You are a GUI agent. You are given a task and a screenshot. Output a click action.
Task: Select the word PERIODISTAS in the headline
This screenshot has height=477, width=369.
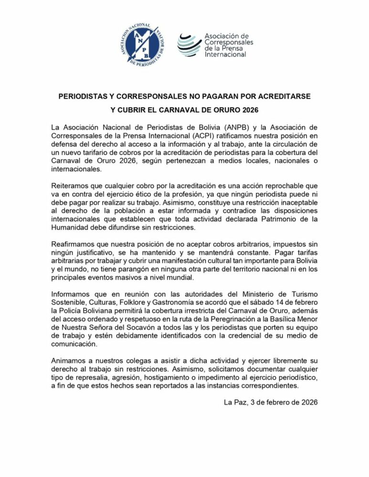coord(85,96)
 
